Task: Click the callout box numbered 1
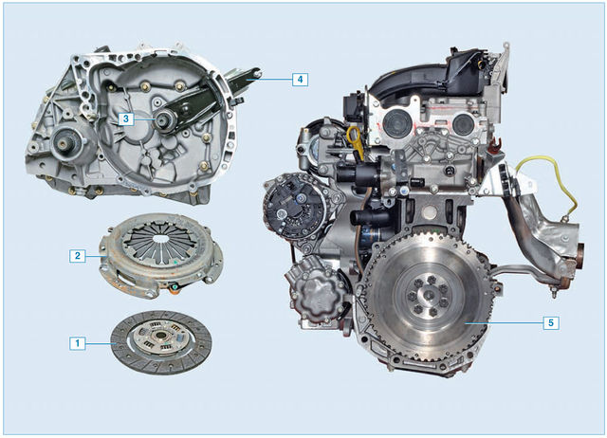pyautogui.click(x=78, y=343)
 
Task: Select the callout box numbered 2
pyautogui.click(x=78, y=256)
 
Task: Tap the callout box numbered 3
pyautogui.click(x=126, y=119)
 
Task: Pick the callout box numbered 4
pyautogui.click(x=300, y=80)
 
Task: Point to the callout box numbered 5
pyautogui.click(x=551, y=322)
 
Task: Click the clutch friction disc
pyautogui.click(x=161, y=343)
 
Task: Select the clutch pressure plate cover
pyautogui.click(x=161, y=255)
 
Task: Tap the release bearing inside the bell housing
pyautogui.click(x=166, y=120)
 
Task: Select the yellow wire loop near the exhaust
pyautogui.click(x=547, y=186)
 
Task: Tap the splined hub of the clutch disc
pyautogui.click(x=160, y=337)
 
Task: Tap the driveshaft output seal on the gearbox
pyautogui.click(x=64, y=145)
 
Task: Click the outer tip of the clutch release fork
pyautogui.click(x=257, y=72)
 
